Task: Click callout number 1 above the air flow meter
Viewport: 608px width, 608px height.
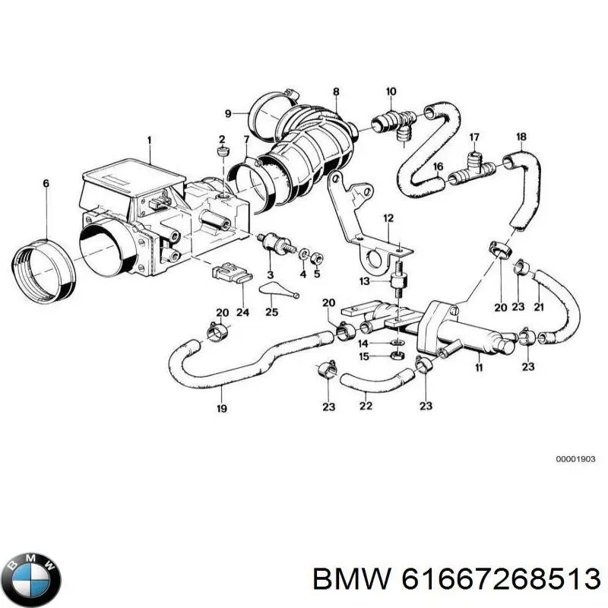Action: coord(150,141)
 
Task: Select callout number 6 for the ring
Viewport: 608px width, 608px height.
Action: coord(46,183)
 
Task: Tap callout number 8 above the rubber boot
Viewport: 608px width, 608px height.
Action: coord(335,93)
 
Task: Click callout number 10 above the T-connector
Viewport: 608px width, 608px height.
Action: coord(391,93)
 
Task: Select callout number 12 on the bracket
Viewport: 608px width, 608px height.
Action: coord(388,219)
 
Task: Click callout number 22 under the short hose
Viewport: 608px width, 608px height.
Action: coord(366,407)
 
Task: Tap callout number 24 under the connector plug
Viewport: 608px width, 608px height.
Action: coord(242,311)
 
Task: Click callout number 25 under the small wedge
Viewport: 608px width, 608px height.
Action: coord(271,312)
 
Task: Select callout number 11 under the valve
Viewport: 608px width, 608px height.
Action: coord(479,368)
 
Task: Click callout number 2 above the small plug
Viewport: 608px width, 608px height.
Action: coord(223,139)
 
